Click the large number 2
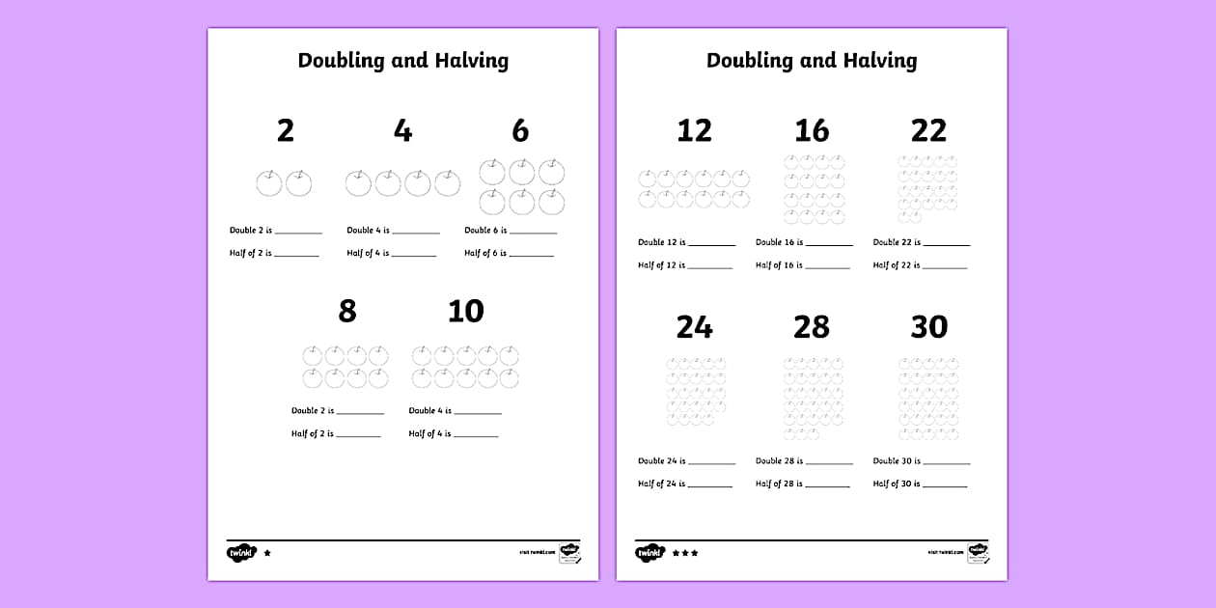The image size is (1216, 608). pos(285,130)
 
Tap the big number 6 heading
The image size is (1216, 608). pos(520,130)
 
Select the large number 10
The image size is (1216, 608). pos(465,311)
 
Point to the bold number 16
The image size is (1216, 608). pos(812,130)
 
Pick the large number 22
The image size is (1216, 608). pos(928,130)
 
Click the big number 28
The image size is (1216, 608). pos(812,327)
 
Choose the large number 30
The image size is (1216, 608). pos(928,327)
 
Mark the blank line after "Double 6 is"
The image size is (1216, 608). pos(534,233)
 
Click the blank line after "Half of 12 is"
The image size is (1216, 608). pos(710,267)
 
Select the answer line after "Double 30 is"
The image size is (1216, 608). pos(947,463)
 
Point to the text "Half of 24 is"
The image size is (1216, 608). pos(661,484)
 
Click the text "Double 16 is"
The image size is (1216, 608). pos(779,242)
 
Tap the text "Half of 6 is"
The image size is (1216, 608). pos(485,253)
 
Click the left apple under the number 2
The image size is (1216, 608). pos(269,182)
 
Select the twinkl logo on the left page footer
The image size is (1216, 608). pos(240,553)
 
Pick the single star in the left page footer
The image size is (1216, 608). pos(267,553)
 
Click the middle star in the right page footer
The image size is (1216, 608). pos(685,553)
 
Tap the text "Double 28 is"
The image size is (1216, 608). pos(779,460)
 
